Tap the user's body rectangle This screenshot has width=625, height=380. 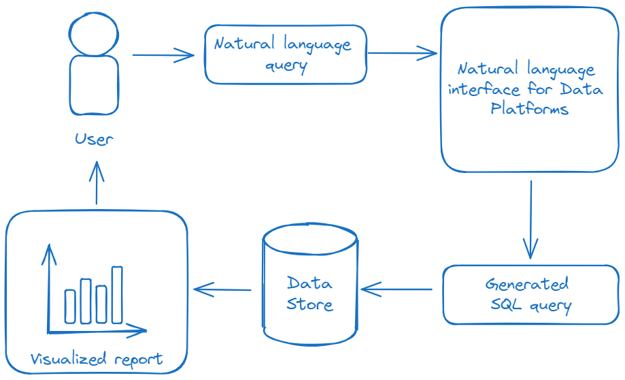pos(94,85)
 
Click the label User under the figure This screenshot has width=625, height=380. pos(94,140)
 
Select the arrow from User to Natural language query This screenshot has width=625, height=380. pos(163,55)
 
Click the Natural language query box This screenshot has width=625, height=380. pos(286,54)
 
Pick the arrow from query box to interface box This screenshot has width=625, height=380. pos(402,52)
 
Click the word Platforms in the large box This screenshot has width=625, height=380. pos(529,109)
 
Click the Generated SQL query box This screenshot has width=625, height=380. pos(530,294)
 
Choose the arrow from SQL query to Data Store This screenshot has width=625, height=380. pos(396,289)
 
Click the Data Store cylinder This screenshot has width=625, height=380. pos(310,286)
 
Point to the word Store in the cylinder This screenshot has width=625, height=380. pos(310,304)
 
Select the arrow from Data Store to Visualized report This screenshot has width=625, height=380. pos(222,289)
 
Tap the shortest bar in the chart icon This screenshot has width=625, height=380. pos(70,306)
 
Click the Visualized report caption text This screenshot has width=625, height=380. pos(97,359)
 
